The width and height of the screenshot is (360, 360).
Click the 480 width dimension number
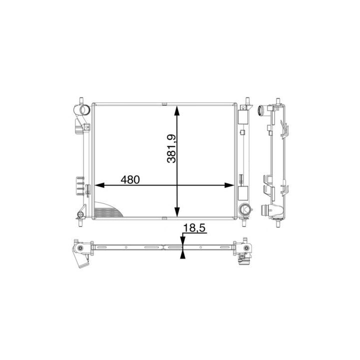(x=130, y=180)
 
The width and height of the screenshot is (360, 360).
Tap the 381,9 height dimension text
(x=171, y=149)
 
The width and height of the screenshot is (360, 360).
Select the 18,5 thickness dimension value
(x=194, y=228)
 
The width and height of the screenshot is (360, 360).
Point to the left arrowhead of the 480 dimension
(x=99, y=185)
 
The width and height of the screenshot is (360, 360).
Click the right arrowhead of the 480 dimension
(x=229, y=185)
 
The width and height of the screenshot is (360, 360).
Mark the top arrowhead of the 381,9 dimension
(x=177, y=110)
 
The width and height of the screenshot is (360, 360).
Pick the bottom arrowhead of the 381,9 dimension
(x=177, y=211)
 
